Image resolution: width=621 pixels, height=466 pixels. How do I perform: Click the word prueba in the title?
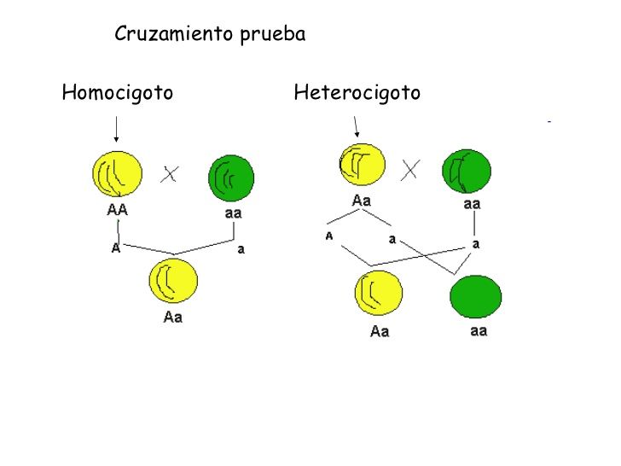pyautogui.click(x=273, y=35)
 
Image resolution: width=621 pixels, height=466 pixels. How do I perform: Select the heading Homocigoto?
pyautogui.click(x=118, y=93)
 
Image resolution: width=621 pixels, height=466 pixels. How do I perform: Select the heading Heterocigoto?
pyautogui.click(x=357, y=93)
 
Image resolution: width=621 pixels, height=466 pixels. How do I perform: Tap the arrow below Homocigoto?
pyautogui.click(x=116, y=129)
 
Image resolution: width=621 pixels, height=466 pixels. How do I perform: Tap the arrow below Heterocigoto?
pyautogui.click(x=356, y=126)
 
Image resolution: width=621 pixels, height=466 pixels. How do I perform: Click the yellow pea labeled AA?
pyautogui.click(x=117, y=174)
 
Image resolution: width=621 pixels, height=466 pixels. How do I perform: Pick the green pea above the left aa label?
pyautogui.click(x=231, y=178)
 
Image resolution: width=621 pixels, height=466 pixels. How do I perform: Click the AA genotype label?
pyautogui.click(x=117, y=210)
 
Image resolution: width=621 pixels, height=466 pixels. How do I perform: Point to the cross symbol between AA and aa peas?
pyautogui.click(x=170, y=174)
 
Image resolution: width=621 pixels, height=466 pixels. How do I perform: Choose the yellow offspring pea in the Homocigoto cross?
pyautogui.click(x=173, y=281)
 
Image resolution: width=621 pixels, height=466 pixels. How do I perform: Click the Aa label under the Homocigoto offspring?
pyautogui.click(x=173, y=317)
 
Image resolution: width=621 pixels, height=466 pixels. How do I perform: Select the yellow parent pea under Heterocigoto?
pyautogui.click(x=363, y=165)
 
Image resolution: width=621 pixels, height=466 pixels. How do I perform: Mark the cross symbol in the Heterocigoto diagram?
pyautogui.click(x=410, y=170)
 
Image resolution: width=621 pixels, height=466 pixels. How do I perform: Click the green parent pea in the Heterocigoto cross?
pyautogui.click(x=467, y=172)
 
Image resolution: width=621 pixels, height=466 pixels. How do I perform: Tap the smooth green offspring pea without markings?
pyautogui.click(x=476, y=297)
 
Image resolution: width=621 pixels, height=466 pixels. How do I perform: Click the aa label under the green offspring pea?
pyautogui.click(x=479, y=330)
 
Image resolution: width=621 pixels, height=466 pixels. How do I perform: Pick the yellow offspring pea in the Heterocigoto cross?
pyautogui.click(x=379, y=293)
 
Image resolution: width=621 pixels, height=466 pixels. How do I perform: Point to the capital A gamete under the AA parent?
pyautogui.click(x=116, y=248)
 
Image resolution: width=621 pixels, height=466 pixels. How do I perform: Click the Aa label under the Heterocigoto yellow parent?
pyautogui.click(x=362, y=201)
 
